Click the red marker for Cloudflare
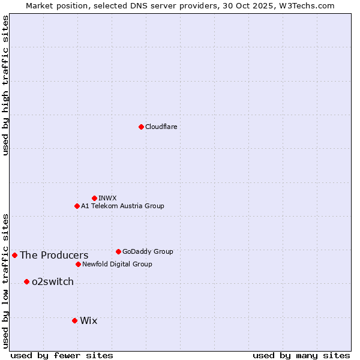click(141, 127)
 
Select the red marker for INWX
click(94, 198)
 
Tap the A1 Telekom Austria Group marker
click(77, 206)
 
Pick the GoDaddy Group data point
click(118, 251)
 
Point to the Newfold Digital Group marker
click(78, 264)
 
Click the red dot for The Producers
click(14, 255)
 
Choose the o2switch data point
click(26, 281)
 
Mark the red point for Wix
click(74, 320)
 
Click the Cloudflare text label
click(161, 127)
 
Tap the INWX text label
click(108, 198)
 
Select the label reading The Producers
click(54, 255)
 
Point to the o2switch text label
click(53, 281)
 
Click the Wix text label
click(88, 320)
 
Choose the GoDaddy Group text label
click(148, 251)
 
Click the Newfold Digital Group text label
click(117, 264)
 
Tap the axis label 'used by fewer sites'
click(62, 355)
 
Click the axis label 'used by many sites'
click(301, 355)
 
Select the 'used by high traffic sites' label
click(5, 85)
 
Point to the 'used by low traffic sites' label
click(5, 280)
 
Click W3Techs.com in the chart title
click(310, 5)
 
